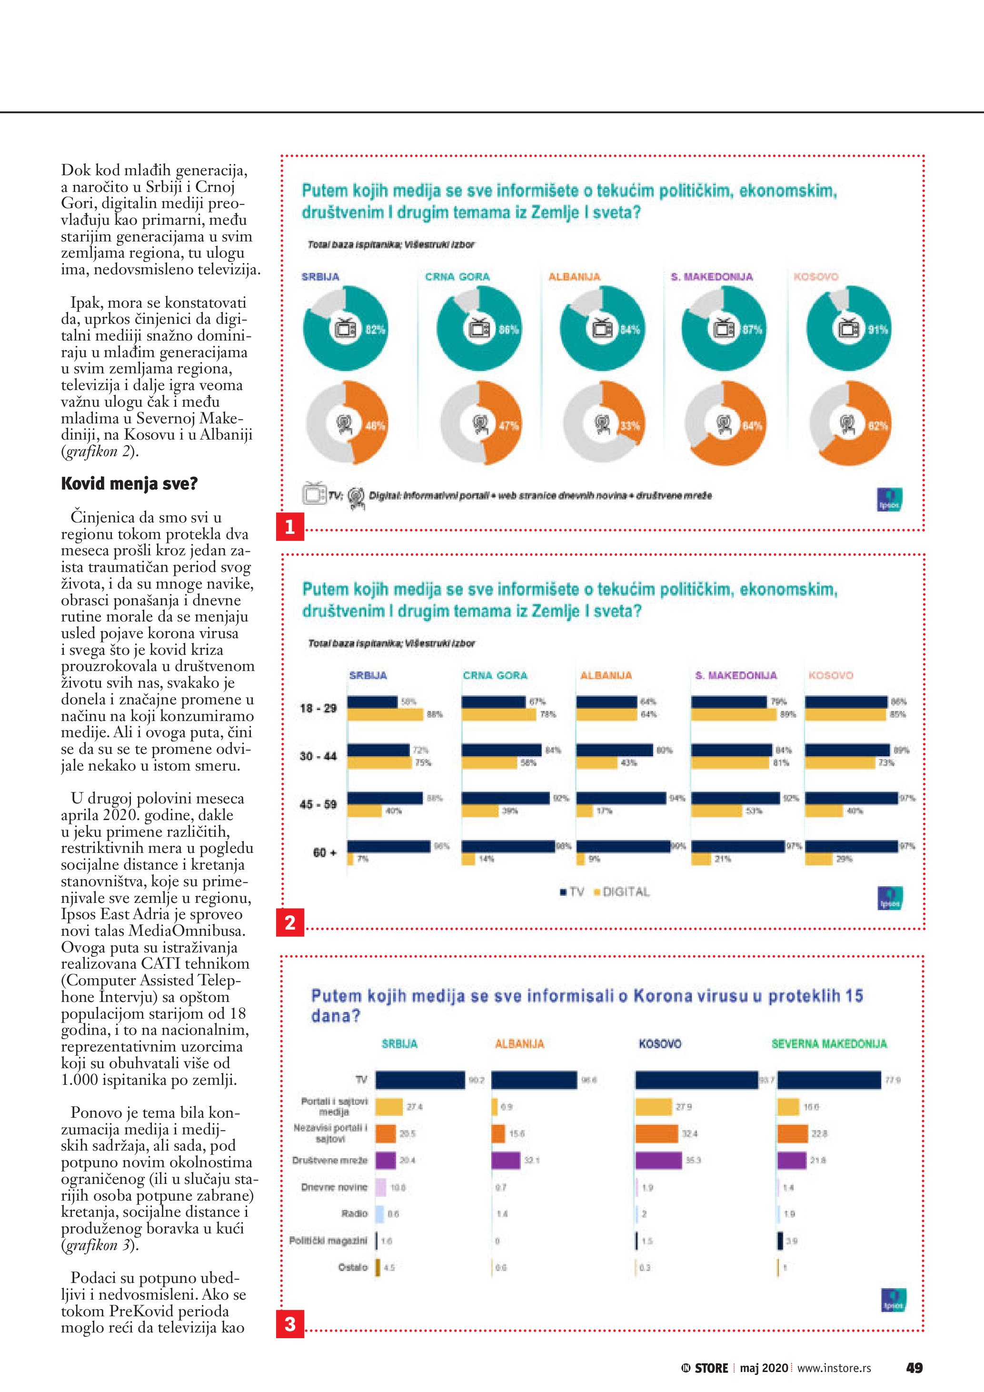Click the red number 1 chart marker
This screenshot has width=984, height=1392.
[x=289, y=526]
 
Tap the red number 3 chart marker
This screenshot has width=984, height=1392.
[x=289, y=1324]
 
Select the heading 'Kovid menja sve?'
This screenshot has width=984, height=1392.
[x=129, y=484]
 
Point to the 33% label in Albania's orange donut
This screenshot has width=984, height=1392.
[x=629, y=426]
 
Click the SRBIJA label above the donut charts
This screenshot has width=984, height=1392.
[x=320, y=277]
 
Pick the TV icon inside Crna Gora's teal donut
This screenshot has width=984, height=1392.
[x=480, y=329]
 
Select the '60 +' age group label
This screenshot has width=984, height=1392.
[x=325, y=852]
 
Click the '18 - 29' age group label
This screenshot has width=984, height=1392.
[x=318, y=708]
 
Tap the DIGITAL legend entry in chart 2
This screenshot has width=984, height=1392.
[x=622, y=892]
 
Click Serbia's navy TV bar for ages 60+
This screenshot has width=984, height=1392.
[x=389, y=846]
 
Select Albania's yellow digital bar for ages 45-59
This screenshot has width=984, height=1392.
[x=584, y=811]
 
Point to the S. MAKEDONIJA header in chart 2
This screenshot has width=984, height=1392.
[x=736, y=675]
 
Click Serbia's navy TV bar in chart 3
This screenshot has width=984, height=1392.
[x=420, y=1080]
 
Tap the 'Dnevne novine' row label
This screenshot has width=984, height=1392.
[x=334, y=1187]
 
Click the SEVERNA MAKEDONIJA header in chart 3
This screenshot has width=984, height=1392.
[x=828, y=1043]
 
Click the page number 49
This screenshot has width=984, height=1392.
[x=914, y=1367]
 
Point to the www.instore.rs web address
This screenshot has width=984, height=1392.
[x=834, y=1368]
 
